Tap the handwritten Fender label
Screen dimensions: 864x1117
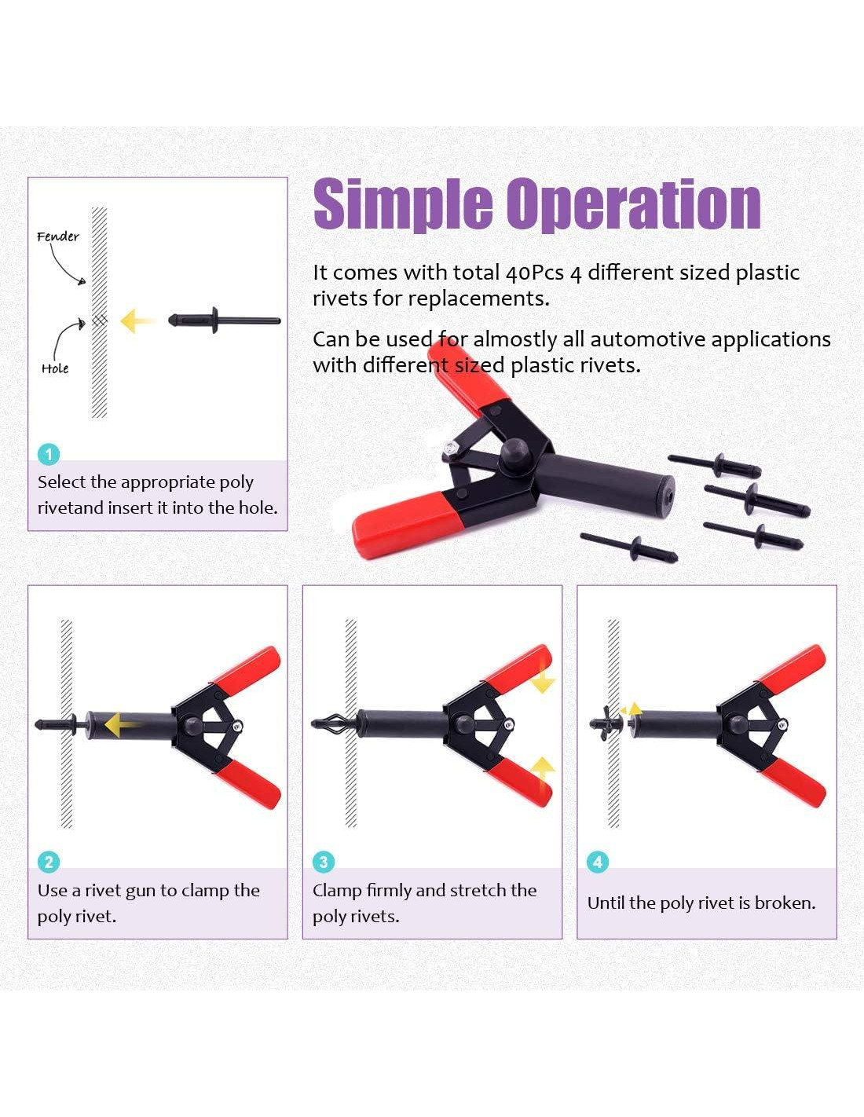tap(58, 236)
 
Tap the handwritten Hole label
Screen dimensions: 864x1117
tap(55, 368)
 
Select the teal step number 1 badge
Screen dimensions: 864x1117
tap(49, 454)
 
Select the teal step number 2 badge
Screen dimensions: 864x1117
tap(49, 862)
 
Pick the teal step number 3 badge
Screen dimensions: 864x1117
tap(324, 862)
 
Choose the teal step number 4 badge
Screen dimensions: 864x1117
tap(598, 862)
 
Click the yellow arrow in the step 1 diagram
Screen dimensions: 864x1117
tap(138, 320)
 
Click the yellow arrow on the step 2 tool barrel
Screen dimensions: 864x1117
tap(123, 725)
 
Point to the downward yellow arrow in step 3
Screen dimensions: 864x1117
tap(543, 678)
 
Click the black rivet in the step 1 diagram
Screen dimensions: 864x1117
tap(224, 320)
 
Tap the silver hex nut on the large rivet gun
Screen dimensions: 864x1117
tap(451, 446)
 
